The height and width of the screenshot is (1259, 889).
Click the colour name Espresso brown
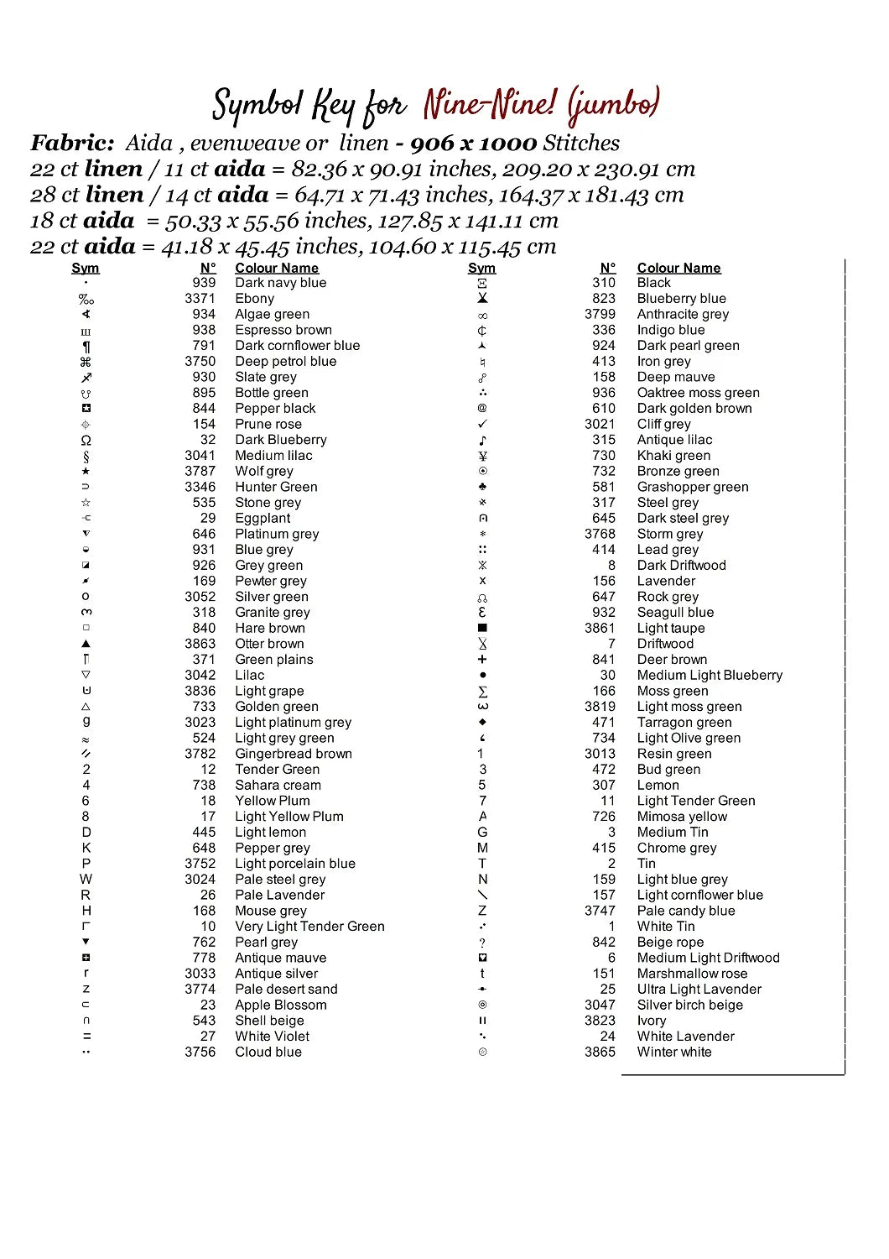coord(283,330)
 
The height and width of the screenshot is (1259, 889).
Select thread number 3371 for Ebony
coord(200,299)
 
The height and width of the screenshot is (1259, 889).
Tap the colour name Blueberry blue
coord(681,299)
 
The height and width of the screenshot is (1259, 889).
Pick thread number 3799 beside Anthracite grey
coord(600,314)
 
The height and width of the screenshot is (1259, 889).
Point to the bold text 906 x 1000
coord(473,144)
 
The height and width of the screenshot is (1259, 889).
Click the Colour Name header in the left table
coord(277,268)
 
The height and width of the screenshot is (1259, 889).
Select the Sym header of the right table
coord(481,268)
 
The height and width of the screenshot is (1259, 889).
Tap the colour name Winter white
coord(674,1053)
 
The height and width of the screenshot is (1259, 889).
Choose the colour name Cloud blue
coord(268,1053)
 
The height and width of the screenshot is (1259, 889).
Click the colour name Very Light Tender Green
coord(309,927)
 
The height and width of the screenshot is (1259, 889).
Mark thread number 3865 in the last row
coord(600,1053)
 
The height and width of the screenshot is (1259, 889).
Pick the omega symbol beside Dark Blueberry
coord(86,441)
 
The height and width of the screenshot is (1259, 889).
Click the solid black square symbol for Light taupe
coord(482,628)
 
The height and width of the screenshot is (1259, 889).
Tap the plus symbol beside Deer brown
coord(482,660)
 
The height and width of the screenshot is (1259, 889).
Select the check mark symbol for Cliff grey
coord(482,424)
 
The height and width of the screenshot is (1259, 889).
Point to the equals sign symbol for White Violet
coord(86,1037)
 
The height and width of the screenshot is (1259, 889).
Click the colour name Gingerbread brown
coord(294,754)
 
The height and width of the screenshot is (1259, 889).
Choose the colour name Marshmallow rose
coord(692,974)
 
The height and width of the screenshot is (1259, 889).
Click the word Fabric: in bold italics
coord(72,144)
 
